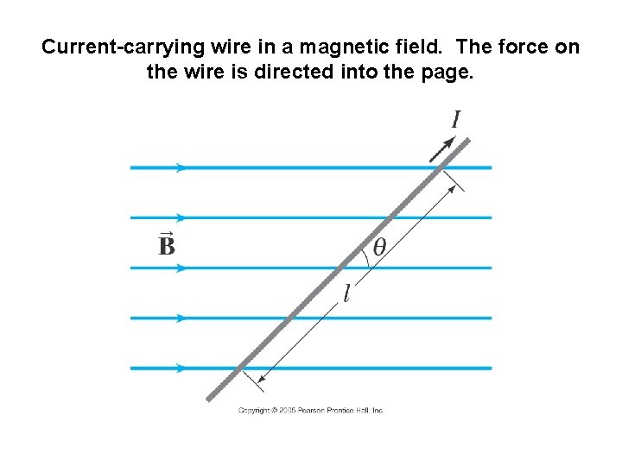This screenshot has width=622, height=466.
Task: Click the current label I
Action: click(x=455, y=120)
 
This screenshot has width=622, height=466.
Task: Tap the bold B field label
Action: click(x=167, y=247)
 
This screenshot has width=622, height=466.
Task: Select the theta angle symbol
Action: click(x=379, y=247)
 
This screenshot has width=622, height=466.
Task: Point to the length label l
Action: click(x=346, y=295)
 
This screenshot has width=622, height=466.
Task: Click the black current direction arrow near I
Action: click(x=442, y=149)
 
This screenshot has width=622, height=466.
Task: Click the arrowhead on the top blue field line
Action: click(x=181, y=167)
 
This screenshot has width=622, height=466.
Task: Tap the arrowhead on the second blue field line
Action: click(x=181, y=217)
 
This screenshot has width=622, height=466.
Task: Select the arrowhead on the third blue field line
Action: click(x=181, y=268)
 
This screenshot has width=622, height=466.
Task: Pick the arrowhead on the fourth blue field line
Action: click(x=181, y=318)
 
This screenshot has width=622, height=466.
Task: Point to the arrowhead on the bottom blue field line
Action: click(x=181, y=368)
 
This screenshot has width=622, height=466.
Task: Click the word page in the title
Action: click(x=446, y=72)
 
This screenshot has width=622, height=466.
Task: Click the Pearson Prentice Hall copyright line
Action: click(x=311, y=411)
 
